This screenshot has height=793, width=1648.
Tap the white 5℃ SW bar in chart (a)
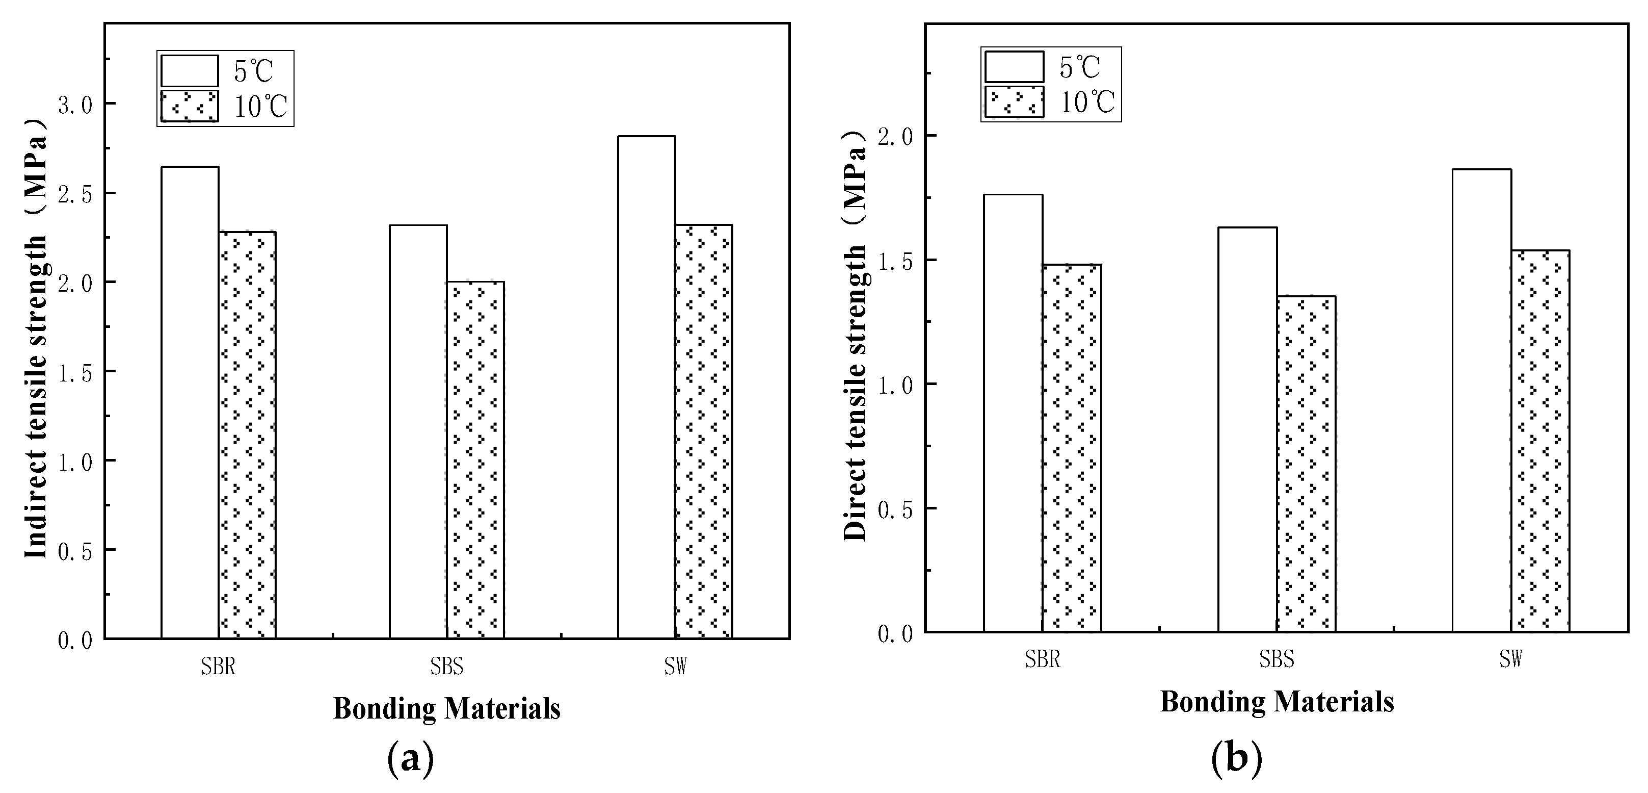pos(646,387)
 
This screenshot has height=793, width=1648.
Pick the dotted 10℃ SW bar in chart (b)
pos(1540,441)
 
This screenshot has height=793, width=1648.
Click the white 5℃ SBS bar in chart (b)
pos(1247,429)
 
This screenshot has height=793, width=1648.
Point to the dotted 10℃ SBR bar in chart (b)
pos(1072,448)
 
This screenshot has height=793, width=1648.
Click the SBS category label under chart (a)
pos(446,667)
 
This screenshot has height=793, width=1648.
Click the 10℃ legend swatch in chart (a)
pos(190,106)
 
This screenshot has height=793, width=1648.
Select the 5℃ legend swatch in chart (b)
pos(1014,67)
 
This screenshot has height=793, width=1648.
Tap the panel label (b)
pos(1237,758)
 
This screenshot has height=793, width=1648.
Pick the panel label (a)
pos(411,758)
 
